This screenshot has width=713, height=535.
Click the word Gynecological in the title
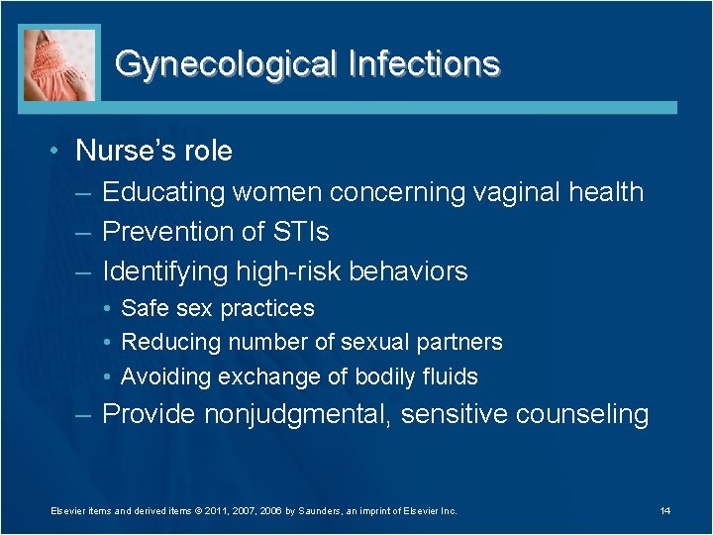[x=226, y=64]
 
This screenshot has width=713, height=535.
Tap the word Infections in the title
[x=424, y=64]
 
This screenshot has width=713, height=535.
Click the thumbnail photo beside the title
[x=60, y=63]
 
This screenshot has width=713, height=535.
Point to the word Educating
[x=163, y=192]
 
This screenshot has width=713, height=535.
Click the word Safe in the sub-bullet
[x=145, y=308]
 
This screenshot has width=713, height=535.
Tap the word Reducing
[x=170, y=343]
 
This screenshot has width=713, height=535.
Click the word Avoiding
[x=165, y=376]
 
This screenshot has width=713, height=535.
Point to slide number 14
[x=664, y=510]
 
